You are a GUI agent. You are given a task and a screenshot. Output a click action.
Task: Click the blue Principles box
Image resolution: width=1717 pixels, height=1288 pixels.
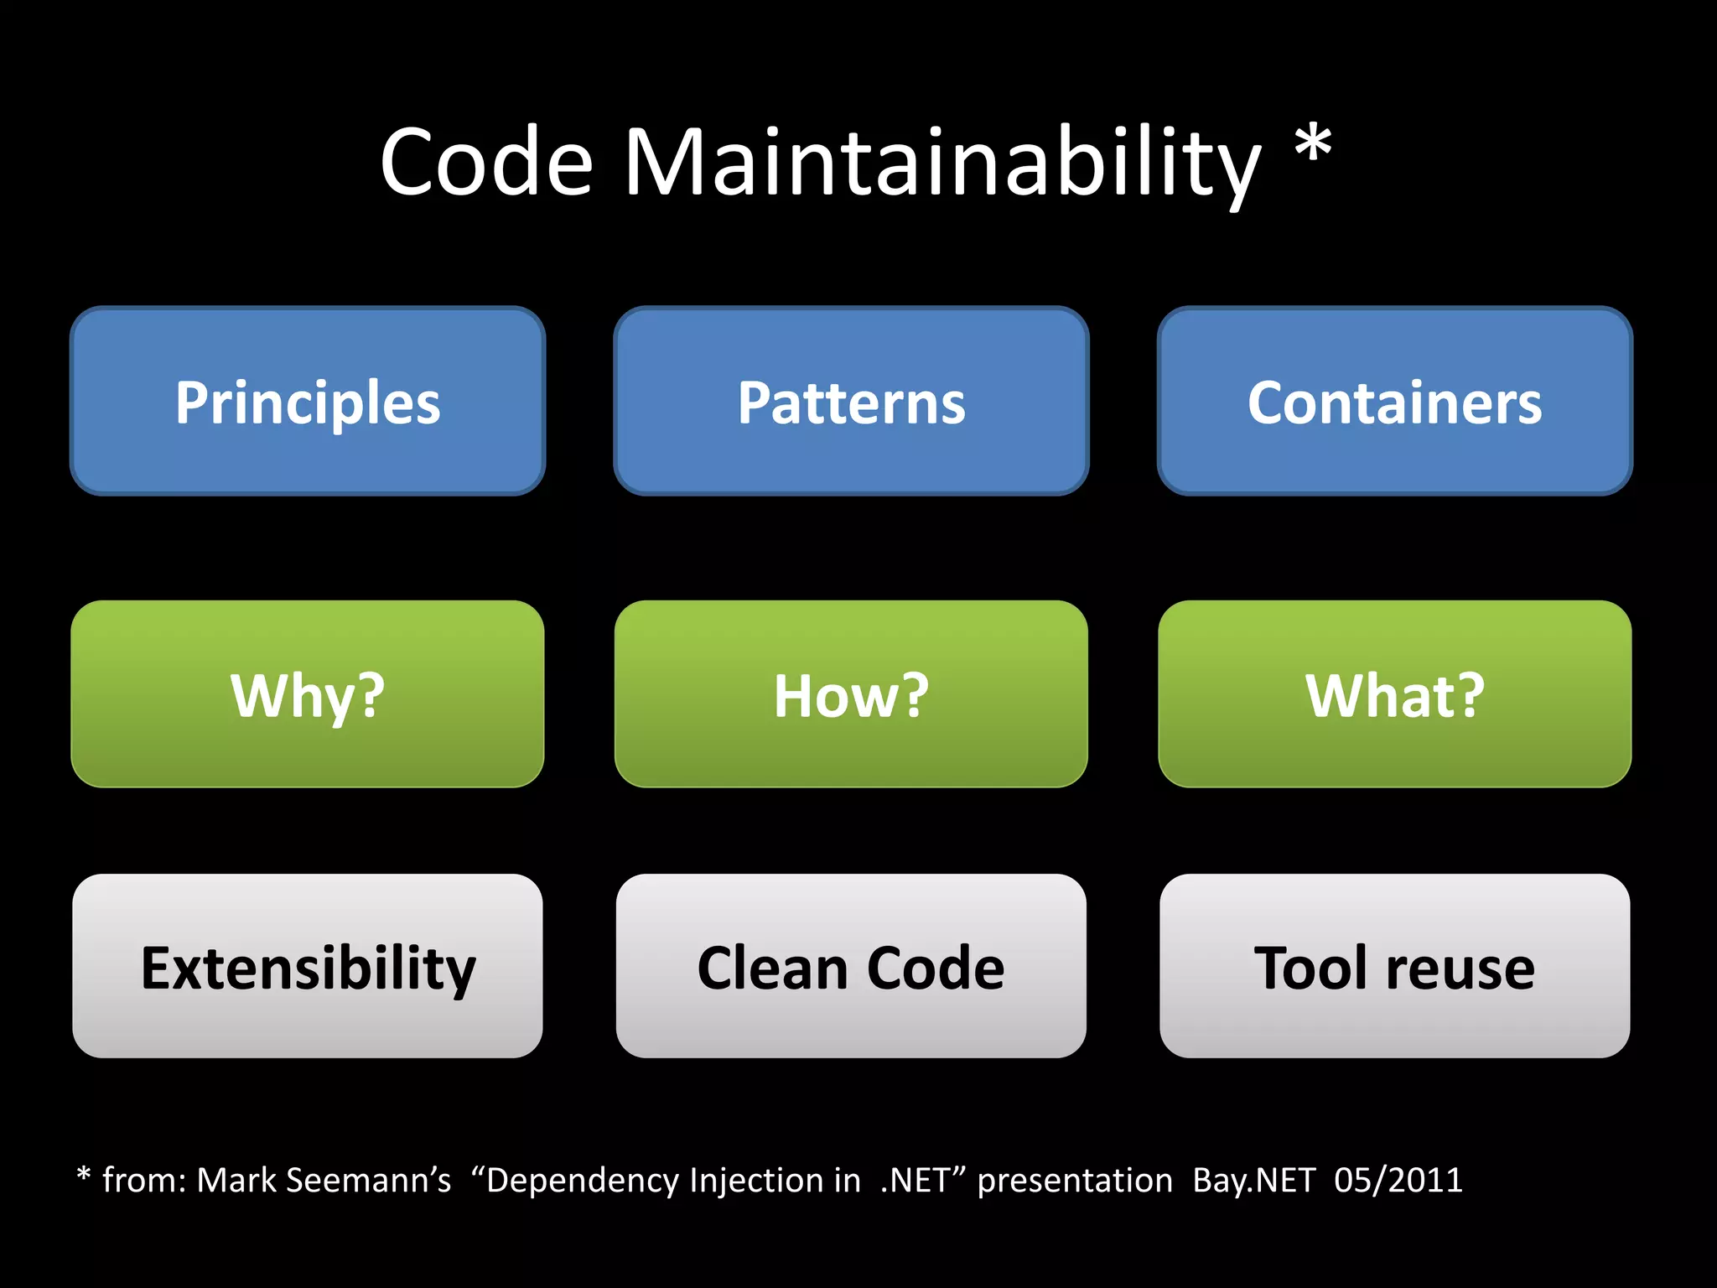(308, 401)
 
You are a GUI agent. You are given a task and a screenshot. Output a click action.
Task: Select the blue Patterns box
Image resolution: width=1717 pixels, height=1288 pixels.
(851, 401)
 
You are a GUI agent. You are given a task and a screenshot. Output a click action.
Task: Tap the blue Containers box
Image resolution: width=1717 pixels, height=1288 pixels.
(1394, 401)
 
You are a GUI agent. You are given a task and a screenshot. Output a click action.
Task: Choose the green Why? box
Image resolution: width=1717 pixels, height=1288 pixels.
(308, 694)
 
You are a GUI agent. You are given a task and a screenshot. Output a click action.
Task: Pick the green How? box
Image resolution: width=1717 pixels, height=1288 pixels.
(851, 694)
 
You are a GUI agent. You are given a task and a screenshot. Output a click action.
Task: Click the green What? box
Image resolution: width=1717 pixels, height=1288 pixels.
(1394, 694)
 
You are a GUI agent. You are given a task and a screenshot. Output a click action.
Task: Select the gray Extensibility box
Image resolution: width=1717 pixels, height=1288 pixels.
(308, 966)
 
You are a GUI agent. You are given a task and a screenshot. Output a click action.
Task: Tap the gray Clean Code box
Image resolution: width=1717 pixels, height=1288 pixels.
(851, 966)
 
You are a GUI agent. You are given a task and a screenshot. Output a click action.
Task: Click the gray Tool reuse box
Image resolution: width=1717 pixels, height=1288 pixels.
(1394, 966)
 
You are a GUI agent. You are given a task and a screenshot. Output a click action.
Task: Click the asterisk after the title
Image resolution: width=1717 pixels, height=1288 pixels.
(1313, 144)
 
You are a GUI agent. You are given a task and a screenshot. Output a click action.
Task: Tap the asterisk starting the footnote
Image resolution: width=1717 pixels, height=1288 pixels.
(83, 1176)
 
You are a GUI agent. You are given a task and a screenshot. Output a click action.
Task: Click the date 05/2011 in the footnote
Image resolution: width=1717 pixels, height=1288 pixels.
(1398, 1181)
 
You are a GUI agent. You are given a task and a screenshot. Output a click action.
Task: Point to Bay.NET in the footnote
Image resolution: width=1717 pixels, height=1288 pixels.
(1254, 1181)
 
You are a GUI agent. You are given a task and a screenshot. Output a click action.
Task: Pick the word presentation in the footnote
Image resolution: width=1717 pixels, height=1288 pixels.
(1075, 1181)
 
